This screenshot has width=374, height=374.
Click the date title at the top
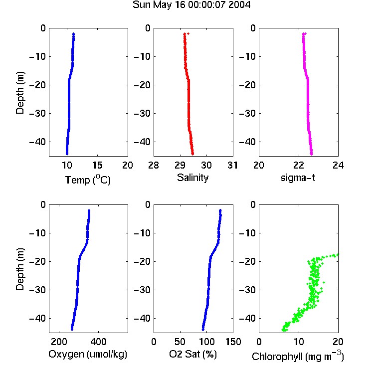click(191, 5)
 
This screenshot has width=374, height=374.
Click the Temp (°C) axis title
click(88, 180)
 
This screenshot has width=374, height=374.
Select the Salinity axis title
click(192, 178)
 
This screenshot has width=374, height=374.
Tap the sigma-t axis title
click(298, 178)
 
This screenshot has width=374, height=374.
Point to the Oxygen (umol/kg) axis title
click(88, 354)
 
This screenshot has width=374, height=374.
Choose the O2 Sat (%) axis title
click(193, 354)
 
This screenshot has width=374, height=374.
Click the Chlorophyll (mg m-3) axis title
click(298, 356)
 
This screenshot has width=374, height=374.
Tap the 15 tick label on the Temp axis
click(97, 165)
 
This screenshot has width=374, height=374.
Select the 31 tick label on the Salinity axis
click(232, 165)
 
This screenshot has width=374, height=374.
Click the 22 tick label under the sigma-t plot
click(299, 165)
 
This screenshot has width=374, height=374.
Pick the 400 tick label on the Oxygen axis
click(98, 342)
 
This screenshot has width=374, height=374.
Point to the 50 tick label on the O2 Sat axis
click(180, 342)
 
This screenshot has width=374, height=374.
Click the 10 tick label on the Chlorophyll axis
click(299, 342)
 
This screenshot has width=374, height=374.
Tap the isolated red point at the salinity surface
click(188, 33)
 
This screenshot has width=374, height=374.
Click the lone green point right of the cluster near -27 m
click(324, 282)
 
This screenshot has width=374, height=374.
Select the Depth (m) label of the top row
click(20, 93)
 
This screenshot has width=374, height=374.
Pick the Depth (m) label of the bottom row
click(20, 269)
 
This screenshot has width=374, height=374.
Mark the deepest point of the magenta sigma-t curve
click(312, 154)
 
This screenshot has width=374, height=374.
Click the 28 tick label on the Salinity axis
click(154, 165)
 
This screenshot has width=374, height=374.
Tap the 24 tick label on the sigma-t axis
click(338, 165)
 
